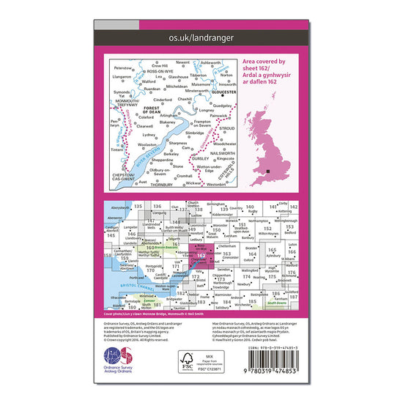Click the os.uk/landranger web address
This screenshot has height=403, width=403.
(x=202, y=34)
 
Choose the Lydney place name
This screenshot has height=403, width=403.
(x=149, y=135)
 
